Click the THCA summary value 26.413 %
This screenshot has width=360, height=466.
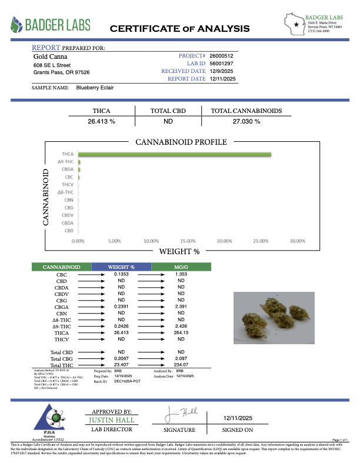click(101, 121)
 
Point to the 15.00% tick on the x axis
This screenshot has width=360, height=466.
click(187, 241)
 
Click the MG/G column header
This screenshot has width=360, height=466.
click(181, 267)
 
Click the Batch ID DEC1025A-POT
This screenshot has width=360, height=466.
click(128, 381)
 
